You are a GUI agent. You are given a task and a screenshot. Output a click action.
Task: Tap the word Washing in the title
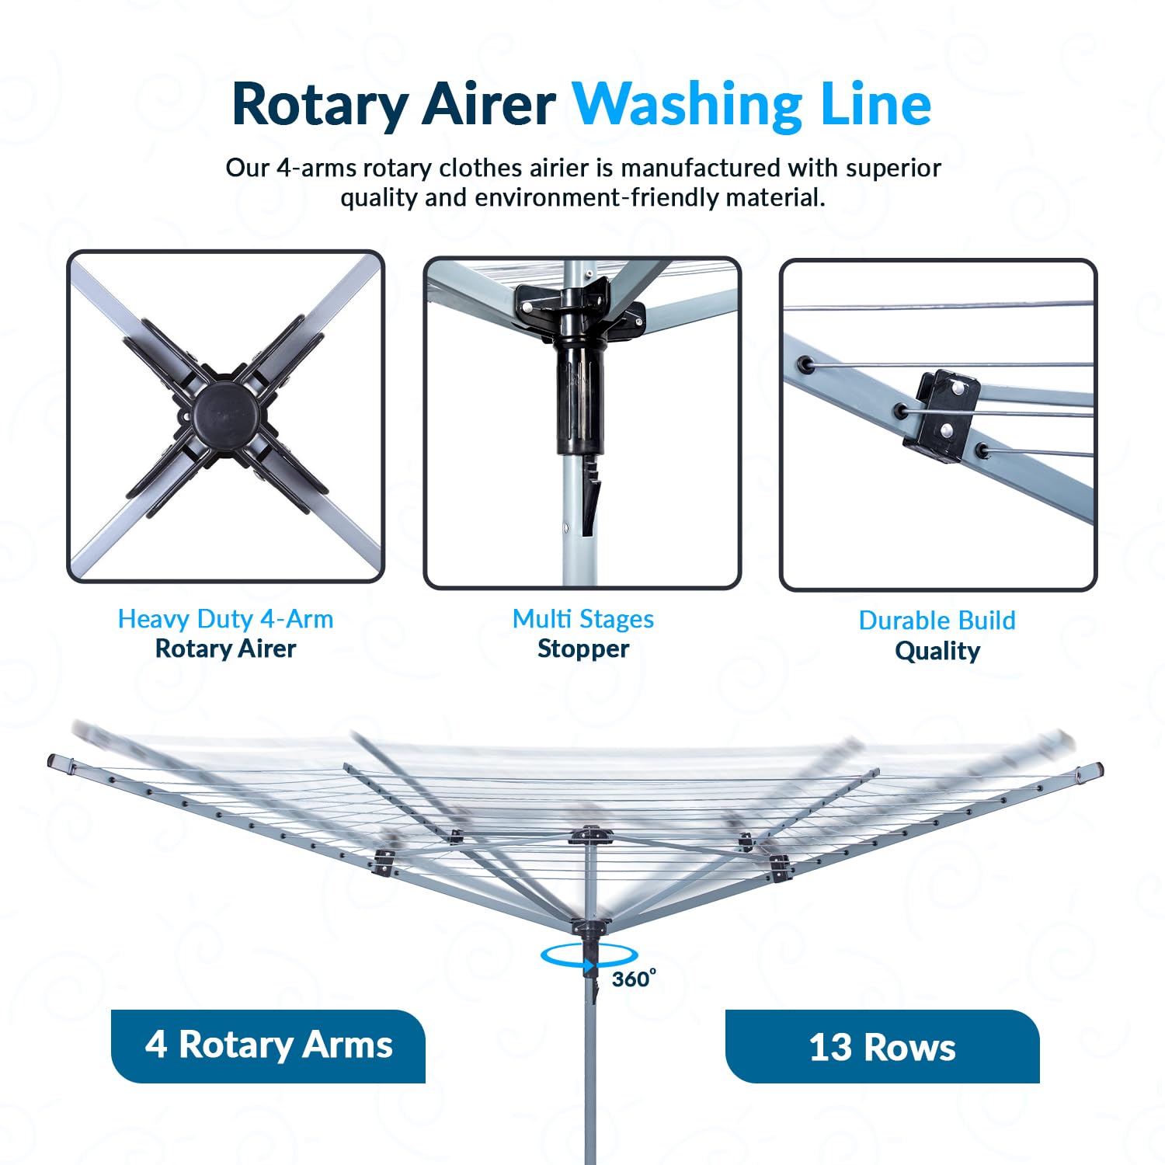[x=687, y=105]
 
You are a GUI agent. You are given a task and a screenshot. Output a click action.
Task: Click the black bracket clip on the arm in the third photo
[x=941, y=416]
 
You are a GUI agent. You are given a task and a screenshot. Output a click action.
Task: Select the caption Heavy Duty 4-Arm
[x=226, y=619]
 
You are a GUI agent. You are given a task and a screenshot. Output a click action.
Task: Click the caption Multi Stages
[x=583, y=619]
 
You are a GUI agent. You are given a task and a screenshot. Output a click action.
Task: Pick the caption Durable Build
[x=937, y=621]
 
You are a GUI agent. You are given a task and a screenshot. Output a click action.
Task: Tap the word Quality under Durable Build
[x=937, y=651]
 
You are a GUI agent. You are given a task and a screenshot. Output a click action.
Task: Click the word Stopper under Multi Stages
[x=583, y=649]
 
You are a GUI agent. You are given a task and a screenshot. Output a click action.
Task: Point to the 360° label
[x=634, y=979]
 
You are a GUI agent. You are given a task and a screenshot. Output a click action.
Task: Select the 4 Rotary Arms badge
[x=269, y=1045]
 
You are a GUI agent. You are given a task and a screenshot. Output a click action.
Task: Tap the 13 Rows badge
[x=882, y=1046]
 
